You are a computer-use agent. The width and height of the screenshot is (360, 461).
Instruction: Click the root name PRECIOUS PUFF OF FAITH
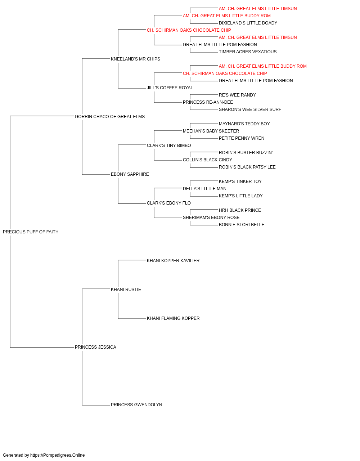tap(31, 232)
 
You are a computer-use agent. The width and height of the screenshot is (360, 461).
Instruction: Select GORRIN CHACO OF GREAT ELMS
tap(110, 117)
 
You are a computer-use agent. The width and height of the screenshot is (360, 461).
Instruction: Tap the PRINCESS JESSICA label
tap(95, 347)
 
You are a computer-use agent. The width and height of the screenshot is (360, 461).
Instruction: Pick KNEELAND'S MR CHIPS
tap(135, 59)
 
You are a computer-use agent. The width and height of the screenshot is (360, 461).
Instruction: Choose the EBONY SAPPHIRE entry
tap(130, 174)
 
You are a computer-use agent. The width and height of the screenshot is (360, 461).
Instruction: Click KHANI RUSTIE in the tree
tap(126, 290)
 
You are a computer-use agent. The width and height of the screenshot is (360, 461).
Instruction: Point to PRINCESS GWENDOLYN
tap(136, 405)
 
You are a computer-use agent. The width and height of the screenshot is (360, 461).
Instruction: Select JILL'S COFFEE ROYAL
tap(170, 88)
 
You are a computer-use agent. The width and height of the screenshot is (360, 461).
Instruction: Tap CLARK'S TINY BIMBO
tap(169, 146)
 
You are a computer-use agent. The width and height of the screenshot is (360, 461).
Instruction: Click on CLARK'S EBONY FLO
tap(169, 203)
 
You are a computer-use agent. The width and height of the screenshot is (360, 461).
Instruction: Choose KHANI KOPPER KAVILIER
tap(173, 261)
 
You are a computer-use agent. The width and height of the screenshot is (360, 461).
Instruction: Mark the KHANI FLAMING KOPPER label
tap(173, 318)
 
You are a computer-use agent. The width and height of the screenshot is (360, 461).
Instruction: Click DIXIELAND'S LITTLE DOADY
tap(248, 23)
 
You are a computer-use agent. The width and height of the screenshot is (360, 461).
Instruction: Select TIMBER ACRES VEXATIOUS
tap(248, 52)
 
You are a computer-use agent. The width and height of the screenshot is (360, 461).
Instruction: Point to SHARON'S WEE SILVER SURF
tap(250, 109)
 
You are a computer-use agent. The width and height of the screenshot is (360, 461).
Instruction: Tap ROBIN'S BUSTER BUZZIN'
tap(246, 153)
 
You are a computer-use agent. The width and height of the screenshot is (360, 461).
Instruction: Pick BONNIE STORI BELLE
tap(242, 225)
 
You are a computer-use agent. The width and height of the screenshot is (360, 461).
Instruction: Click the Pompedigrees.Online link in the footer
tap(58, 455)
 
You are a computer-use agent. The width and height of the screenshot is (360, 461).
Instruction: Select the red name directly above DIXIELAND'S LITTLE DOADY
tap(227, 16)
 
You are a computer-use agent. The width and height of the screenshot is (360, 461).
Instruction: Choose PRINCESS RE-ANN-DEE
tap(208, 102)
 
